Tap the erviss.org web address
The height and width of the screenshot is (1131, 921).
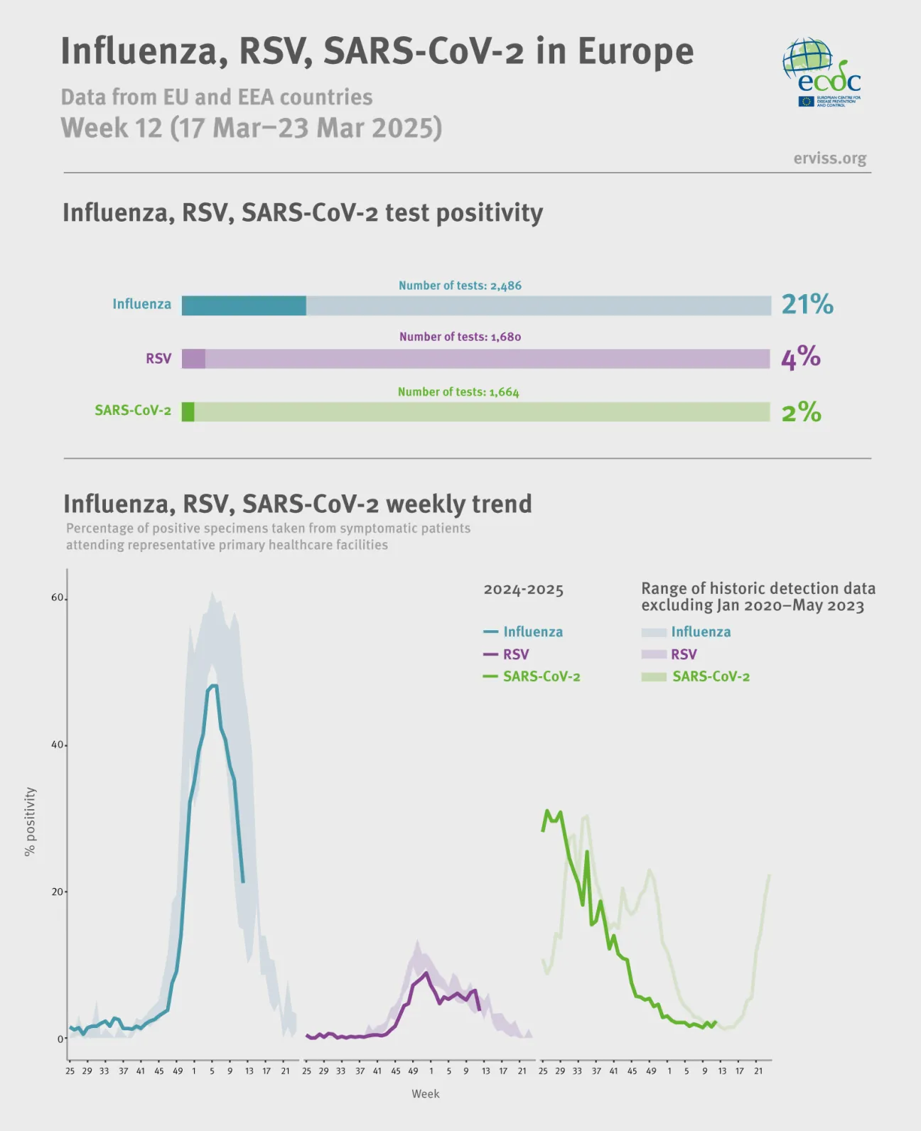[x=829, y=158]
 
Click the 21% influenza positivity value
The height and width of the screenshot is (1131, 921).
[x=807, y=304]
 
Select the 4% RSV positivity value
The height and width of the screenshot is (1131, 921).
[x=800, y=357]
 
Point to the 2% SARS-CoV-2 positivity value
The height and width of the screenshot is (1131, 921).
[x=801, y=411]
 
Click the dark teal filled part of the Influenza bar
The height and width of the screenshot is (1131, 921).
[x=244, y=305]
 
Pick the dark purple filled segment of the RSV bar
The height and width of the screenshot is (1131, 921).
[x=193, y=359]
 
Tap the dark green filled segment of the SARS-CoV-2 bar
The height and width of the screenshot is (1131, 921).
[x=188, y=412]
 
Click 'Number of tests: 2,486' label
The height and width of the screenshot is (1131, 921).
[x=460, y=286]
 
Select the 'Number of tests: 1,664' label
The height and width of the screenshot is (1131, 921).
[x=458, y=392]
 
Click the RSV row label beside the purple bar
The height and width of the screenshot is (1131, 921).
[x=158, y=359]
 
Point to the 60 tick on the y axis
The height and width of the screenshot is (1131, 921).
[x=57, y=597]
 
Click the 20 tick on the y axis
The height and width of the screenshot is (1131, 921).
[x=57, y=892]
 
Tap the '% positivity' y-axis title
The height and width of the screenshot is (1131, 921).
[x=30, y=821]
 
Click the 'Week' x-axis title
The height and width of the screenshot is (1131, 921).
[x=425, y=1094]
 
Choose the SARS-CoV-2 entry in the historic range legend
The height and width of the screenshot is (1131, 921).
[x=710, y=676]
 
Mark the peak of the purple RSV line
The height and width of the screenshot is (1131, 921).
[x=426, y=973]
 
